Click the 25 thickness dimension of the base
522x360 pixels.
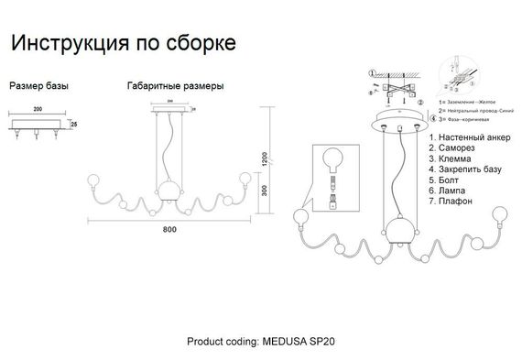click(x=74, y=122)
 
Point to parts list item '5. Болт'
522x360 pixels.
click(x=447, y=180)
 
